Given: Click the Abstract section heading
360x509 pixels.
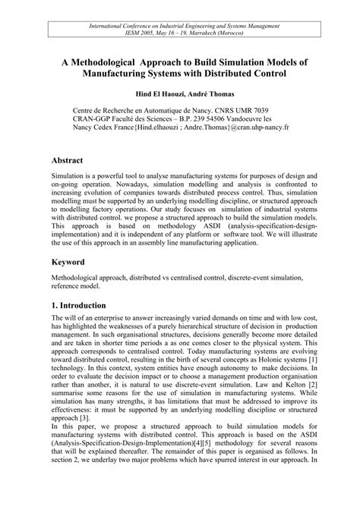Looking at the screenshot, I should [x=72, y=163].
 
